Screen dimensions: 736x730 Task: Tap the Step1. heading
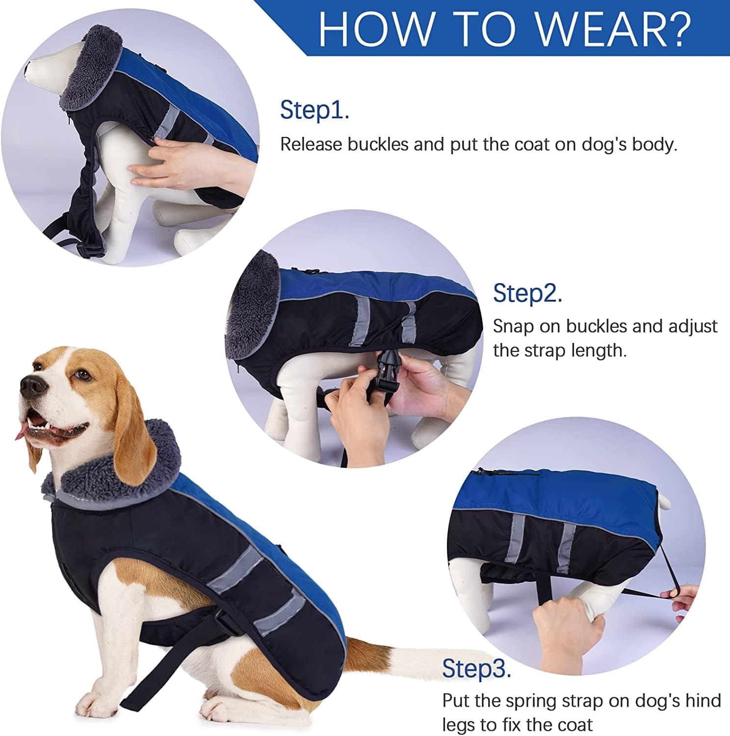coord(314,110)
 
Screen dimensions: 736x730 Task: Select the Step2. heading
coord(527,293)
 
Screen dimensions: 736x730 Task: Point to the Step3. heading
coord(476,668)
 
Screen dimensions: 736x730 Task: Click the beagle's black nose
coord(30,386)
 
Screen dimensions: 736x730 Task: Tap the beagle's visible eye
coord(84,376)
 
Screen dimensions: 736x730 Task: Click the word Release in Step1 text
coord(311,144)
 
